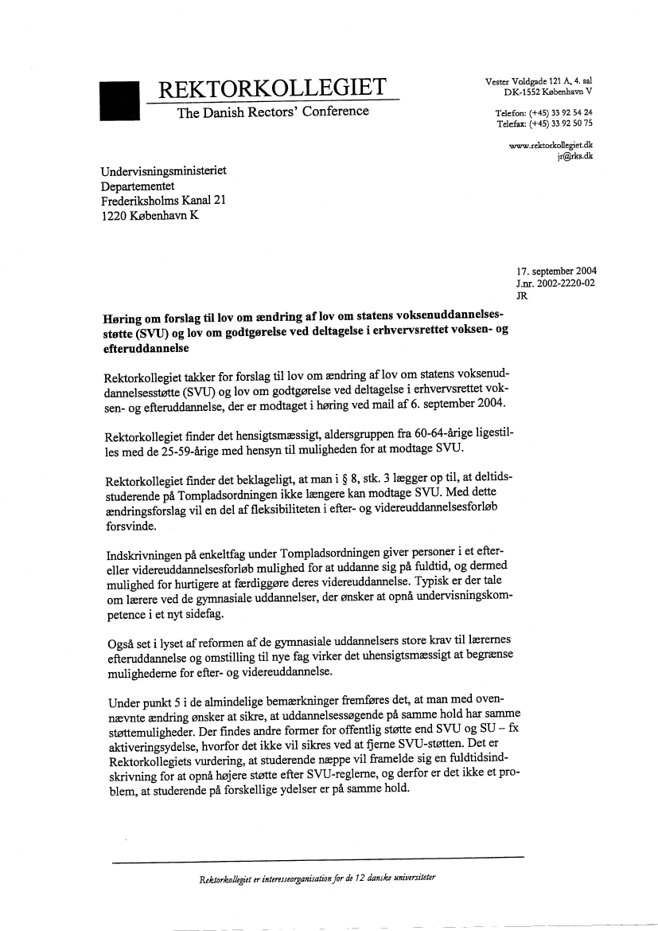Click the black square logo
[119, 100]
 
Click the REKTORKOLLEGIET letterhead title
[273, 88]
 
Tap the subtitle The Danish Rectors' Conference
[273, 111]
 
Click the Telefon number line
[549, 113]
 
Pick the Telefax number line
[549, 123]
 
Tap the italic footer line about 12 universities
[319, 878]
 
